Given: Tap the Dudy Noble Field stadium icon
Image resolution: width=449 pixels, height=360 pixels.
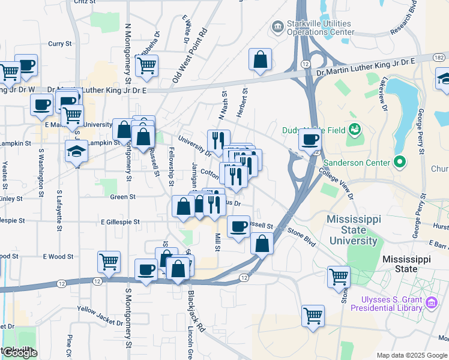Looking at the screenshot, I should tap(355, 129).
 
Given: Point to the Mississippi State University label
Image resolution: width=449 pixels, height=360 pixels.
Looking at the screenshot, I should tap(353, 230).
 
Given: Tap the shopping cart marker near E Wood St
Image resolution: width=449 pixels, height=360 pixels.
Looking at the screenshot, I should tap(109, 261).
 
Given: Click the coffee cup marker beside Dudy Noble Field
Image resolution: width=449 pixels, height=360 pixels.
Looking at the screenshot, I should tap(310, 140).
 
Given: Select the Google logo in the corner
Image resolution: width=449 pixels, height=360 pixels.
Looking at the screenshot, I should tap(19, 353).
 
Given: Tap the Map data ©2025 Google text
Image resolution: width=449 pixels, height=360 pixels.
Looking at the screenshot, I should tap(412, 355).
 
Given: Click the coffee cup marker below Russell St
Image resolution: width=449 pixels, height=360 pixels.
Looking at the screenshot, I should tap(239, 227).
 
